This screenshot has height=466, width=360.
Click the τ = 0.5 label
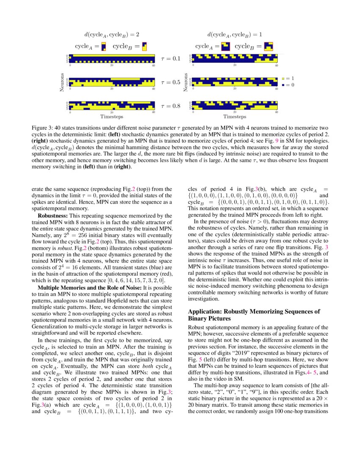tap(171, 82)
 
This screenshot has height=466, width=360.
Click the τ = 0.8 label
tap(171, 106)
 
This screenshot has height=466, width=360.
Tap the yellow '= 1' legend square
tap(284, 79)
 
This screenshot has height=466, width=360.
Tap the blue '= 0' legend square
tap(284, 85)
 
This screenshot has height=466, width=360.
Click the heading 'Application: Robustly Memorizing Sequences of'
tap(254, 311)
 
